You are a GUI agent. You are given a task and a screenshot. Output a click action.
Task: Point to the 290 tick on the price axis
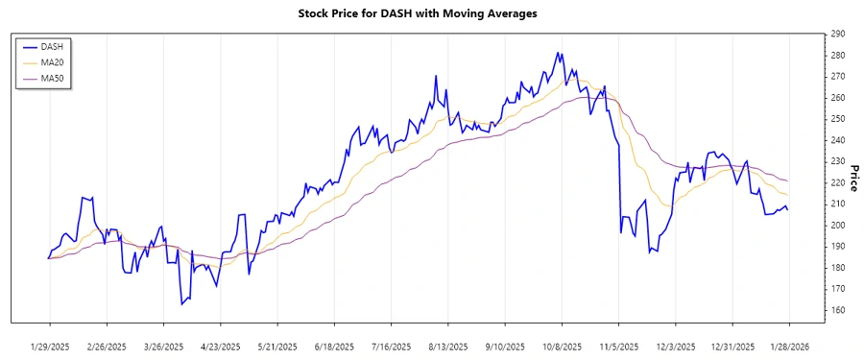point(838,34)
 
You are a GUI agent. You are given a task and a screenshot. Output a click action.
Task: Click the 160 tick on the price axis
point(838,310)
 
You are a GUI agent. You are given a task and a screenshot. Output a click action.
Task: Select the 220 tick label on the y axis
point(838,182)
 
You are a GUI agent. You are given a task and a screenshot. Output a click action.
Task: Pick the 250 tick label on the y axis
point(838,119)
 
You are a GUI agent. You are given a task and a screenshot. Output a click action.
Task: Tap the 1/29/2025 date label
point(50,347)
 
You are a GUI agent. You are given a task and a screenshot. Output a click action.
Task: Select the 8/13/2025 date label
point(446,347)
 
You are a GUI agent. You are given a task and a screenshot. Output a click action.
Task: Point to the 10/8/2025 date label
point(562,347)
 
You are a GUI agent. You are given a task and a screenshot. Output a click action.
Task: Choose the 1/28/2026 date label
point(789,347)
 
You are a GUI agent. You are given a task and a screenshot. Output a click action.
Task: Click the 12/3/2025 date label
point(676,347)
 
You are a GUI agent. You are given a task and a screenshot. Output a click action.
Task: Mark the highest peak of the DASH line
point(558,53)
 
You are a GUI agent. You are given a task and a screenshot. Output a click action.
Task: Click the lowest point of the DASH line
point(182,304)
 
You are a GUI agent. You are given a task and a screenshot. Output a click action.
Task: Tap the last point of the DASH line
point(789,209)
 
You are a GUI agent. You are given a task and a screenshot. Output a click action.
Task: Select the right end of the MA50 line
point(789,181)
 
